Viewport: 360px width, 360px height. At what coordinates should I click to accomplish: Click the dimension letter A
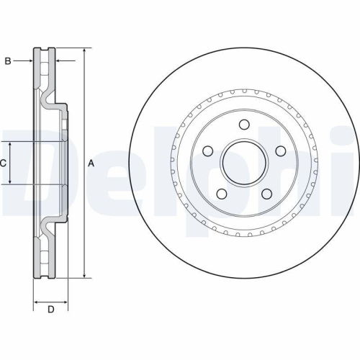pos(91,164)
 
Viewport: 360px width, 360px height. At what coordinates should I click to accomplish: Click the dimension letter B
pos(8,62)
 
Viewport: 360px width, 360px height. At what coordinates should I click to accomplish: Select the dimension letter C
pos(4,164)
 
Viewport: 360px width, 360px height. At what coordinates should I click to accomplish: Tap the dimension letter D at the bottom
pos(50,310)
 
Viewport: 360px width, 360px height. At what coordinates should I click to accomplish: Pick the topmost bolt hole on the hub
pos(244,125)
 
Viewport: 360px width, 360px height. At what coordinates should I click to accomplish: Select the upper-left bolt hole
pos(208,151)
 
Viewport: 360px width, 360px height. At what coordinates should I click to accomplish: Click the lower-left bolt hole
pos(222,194)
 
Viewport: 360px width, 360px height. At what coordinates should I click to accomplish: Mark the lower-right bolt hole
pos(266,194)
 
